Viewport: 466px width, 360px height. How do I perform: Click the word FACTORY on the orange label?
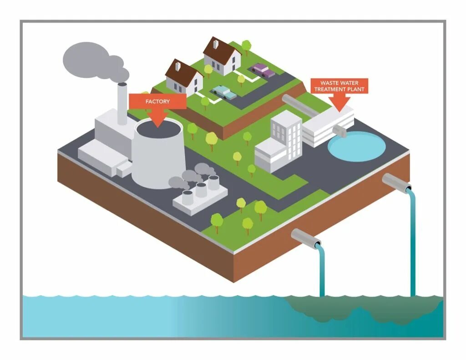[x=157, y=101]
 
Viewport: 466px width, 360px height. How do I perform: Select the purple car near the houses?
[x=263, y=71]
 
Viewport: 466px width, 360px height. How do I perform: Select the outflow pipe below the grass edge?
[x=305, y=238]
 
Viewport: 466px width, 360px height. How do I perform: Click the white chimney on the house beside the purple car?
[x=216, y=44]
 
